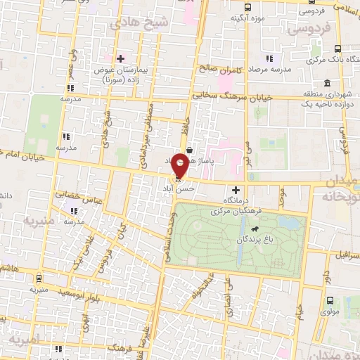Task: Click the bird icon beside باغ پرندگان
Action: click(251, 229)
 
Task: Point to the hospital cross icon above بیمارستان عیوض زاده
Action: click(120, 58)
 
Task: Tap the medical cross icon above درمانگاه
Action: click(235, 190)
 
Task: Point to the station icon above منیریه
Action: click(39, 278)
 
